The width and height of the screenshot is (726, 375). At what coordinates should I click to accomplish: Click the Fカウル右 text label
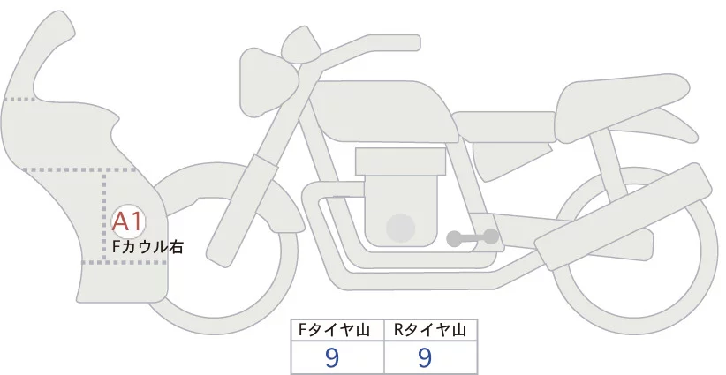(147, 248)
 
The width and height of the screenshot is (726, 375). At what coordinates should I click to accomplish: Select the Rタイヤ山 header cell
(430, 330)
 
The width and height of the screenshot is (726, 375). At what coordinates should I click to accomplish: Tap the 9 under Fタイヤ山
(333, 357)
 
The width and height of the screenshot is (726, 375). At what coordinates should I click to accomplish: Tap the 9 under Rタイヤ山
(425, 357)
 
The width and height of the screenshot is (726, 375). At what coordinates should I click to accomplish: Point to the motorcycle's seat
(618, 97)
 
